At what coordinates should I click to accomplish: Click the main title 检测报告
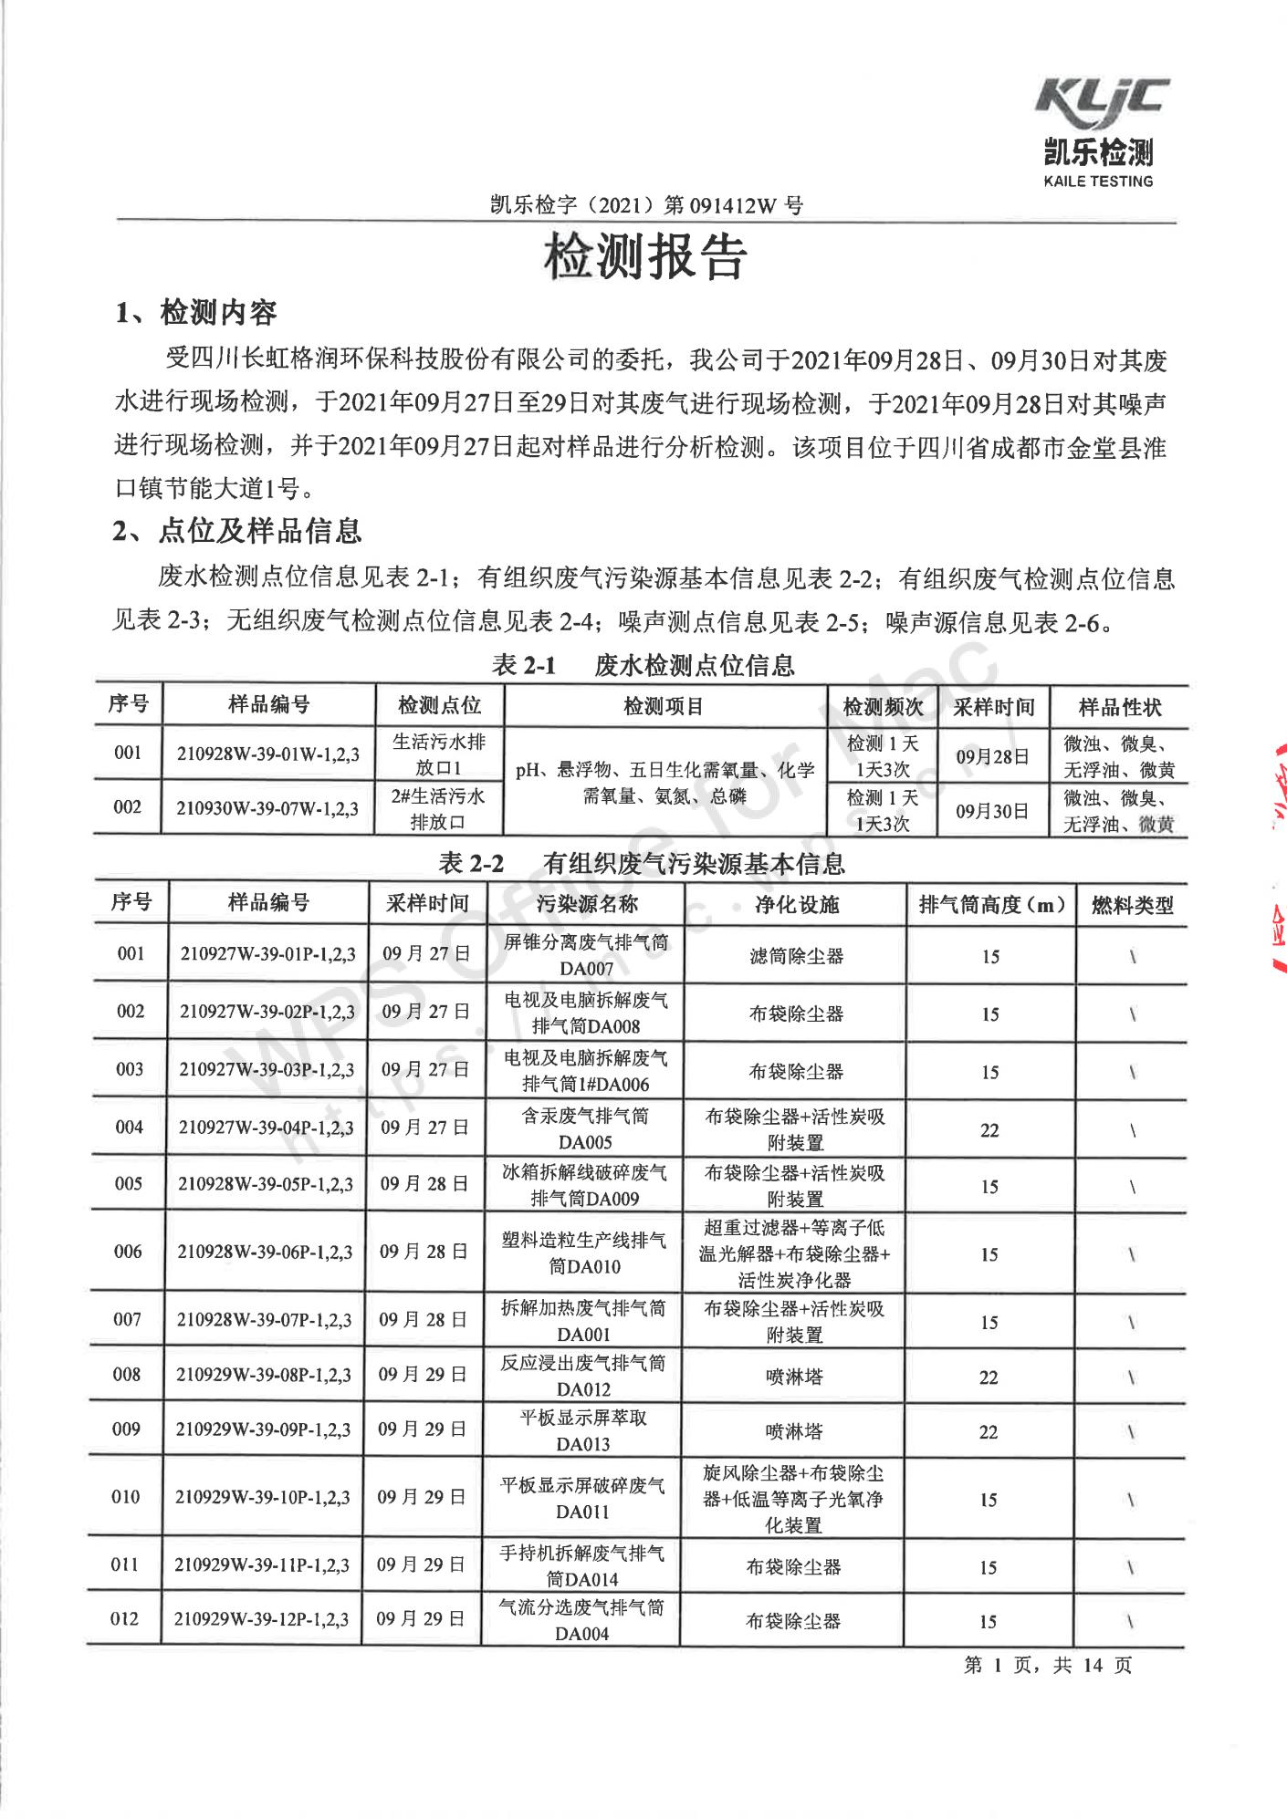click(644, 256)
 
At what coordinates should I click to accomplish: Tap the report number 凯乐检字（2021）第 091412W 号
click(646, 205)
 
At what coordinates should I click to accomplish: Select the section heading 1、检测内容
click(196, 313)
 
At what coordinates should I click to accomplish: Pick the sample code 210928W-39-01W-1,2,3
click(268, 754)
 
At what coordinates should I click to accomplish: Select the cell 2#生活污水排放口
click(438, 808)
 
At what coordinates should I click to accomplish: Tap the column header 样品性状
click(1119, 707)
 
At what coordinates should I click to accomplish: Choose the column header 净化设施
click(796, 904)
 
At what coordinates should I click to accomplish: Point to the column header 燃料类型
click(1132, 906)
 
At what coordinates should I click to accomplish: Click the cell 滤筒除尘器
click(796, 956)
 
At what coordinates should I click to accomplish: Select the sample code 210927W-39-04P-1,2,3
click(266, 1128)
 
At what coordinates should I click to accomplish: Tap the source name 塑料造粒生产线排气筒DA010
click(584, 1253)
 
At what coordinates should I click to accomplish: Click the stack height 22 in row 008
click(989, 1377)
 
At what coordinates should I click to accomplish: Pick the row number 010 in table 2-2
click(126, 1497)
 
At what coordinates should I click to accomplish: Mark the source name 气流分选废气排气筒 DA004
click(581, 1620)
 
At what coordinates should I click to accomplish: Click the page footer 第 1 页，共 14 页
click(1047, 1665)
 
